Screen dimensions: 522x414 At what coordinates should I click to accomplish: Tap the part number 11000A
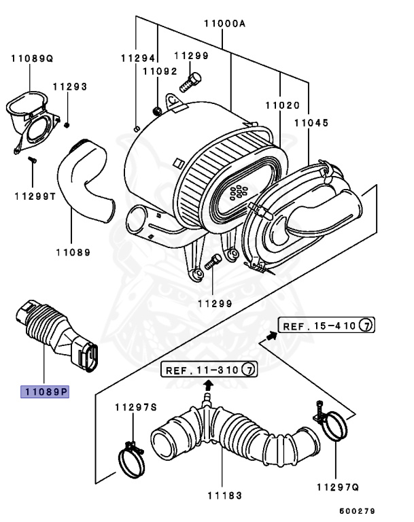pos(224,23)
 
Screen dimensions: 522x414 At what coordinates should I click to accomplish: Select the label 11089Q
pos(31,59)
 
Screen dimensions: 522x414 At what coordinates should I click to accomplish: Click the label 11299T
pos(36,196)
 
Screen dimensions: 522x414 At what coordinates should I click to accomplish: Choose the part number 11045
pos(311,124)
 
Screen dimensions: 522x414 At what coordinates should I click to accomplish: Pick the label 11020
pos(282,105)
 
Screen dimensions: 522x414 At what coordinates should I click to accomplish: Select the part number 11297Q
pos(338,487)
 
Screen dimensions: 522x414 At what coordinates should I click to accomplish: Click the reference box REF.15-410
pos(327,326)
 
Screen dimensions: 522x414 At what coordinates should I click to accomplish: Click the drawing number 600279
pos(357,510)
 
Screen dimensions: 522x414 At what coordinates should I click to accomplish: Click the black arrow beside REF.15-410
pos(272,334)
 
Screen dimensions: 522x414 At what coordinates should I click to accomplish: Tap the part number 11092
pos(160,71)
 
